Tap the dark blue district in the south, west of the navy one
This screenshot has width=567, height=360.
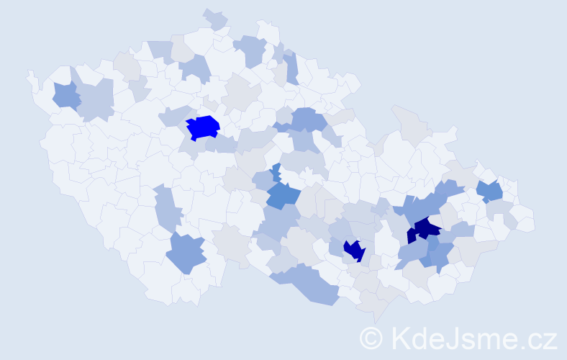tap(354, 250)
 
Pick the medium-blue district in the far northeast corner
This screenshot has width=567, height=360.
tap(491, 191)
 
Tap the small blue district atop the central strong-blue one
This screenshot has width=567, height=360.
tap(276, 172)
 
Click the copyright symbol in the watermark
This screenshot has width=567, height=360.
tap(371, 337)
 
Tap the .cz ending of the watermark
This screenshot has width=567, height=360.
tap(540, 338)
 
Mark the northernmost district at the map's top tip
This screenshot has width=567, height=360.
tap(214, 17)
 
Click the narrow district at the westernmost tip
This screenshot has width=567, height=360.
tap(32, 78)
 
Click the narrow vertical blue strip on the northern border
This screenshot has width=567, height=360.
tap(291, 68)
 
